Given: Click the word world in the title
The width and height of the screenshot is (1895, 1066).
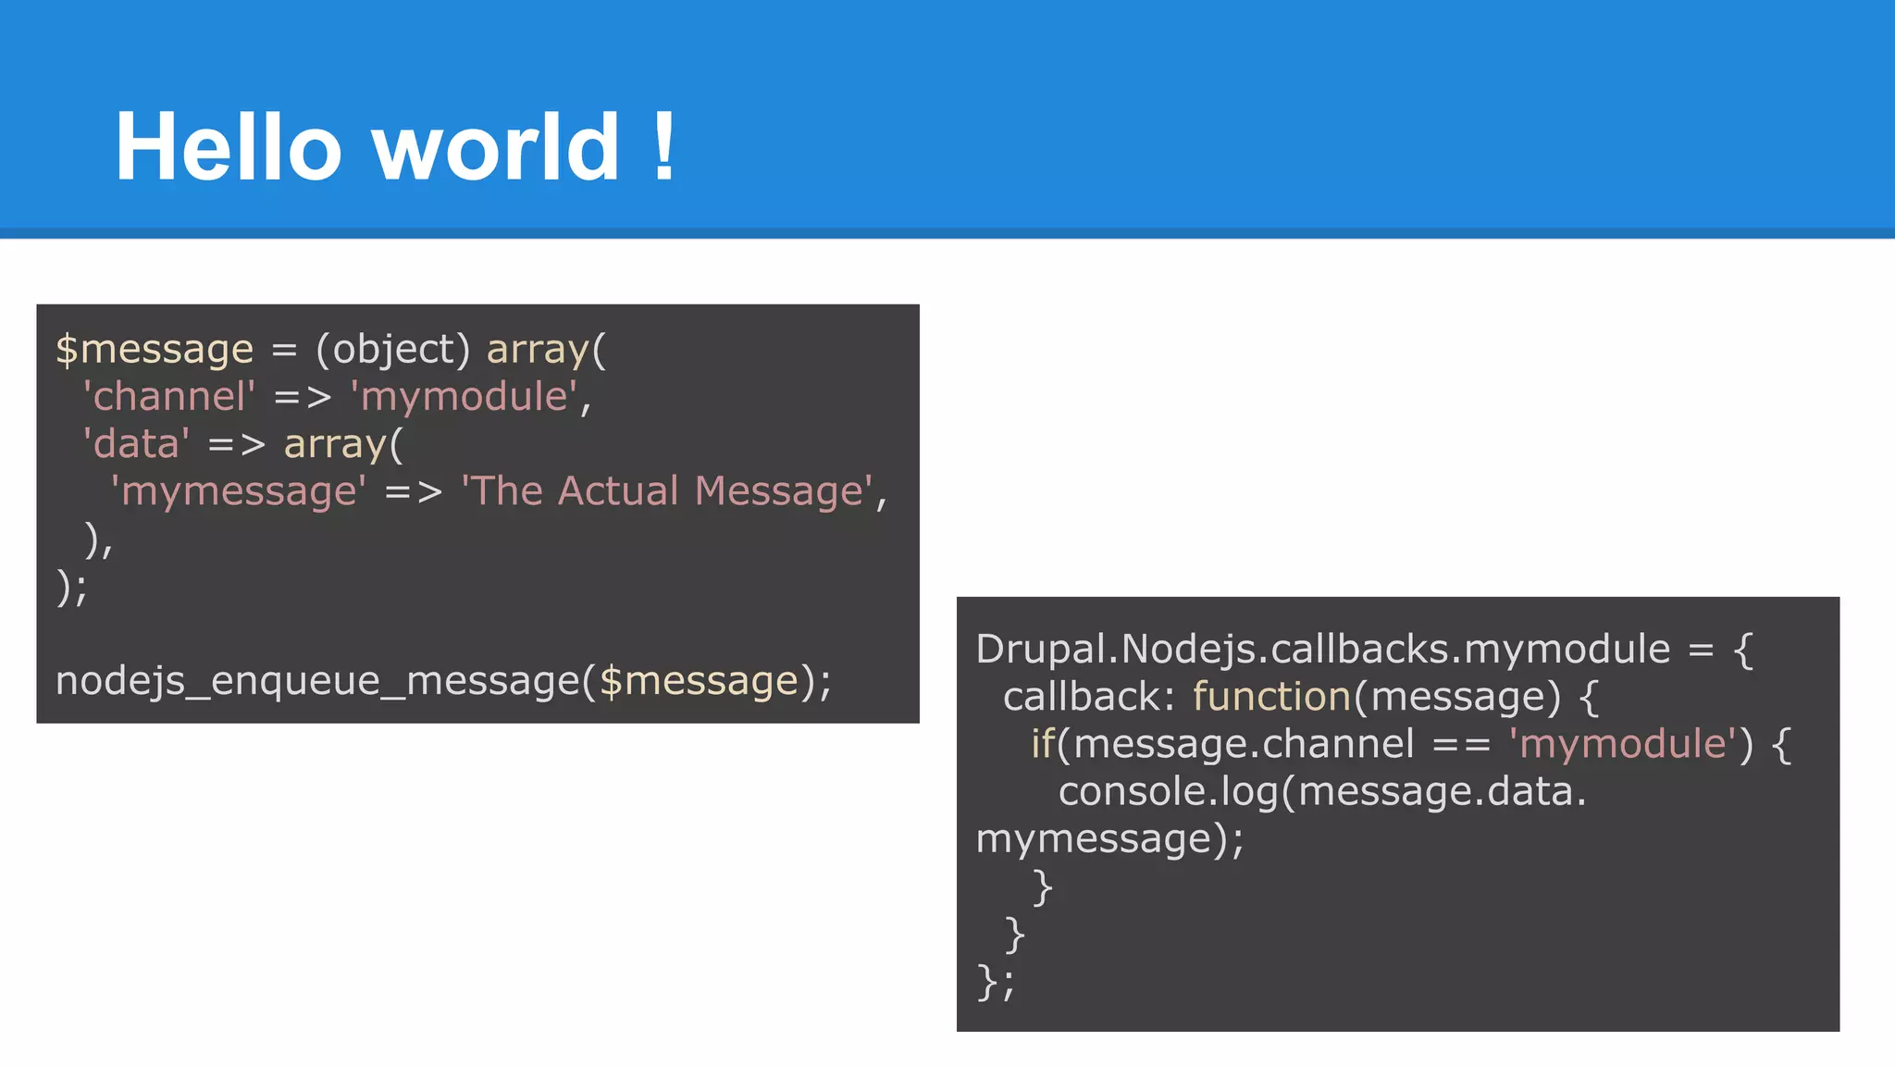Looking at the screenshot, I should [496, 147].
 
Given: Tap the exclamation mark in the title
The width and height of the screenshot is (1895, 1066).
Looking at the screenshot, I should [663, 147].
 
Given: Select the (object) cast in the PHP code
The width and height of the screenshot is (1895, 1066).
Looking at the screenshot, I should [392, 350].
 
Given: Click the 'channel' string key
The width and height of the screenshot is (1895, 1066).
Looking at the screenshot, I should [168, 397].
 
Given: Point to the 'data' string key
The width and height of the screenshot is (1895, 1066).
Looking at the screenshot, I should [136, 444].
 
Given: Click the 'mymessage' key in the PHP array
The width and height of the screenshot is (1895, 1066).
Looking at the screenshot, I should [238, 491].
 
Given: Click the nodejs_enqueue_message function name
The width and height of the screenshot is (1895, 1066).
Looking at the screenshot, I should [317, 681].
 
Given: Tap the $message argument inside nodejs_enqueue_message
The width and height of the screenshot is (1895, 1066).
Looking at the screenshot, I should [699, 681].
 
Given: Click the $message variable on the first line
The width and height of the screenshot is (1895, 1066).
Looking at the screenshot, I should [154, 350].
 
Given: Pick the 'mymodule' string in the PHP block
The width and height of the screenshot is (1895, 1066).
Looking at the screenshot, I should [464, 397].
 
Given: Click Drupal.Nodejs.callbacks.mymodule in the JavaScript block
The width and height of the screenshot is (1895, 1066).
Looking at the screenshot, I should [1323, 650].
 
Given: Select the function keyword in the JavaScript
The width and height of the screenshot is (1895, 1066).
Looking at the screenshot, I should [1271, 697].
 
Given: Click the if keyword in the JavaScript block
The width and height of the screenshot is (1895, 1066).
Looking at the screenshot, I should [1043, 744].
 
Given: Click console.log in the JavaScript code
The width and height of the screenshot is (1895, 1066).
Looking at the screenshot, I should [1168, 792].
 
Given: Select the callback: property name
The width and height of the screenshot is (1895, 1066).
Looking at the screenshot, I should [1088, 697].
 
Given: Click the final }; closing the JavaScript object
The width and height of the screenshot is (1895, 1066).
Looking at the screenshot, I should [996, 982].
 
